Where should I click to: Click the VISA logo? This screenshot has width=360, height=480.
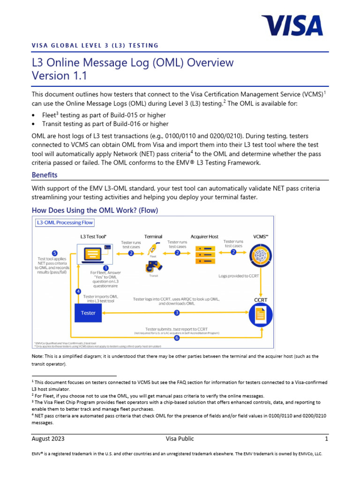pos(292,25)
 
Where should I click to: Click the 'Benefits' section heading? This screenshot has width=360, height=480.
pos(45,175)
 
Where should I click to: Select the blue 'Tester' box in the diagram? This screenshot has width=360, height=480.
pos(88,313)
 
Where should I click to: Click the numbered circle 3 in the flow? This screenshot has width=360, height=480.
pos(177,312)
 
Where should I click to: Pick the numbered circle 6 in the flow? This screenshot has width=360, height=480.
pos(177,337)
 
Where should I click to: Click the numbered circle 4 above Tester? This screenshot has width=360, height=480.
pos(78,291)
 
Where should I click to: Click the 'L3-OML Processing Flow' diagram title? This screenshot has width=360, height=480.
pos(65,222)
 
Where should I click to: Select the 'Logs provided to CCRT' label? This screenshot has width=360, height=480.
pos(240,276)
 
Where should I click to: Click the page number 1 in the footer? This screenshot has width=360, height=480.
pos(326,439)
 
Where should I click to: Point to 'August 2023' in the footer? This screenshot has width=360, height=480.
pos(48,439)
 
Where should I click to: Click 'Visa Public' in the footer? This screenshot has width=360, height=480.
pos(180,439)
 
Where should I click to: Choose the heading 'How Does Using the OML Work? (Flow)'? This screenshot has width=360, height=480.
pos(95,210)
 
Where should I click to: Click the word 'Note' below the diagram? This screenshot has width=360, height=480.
pos(38,356)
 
